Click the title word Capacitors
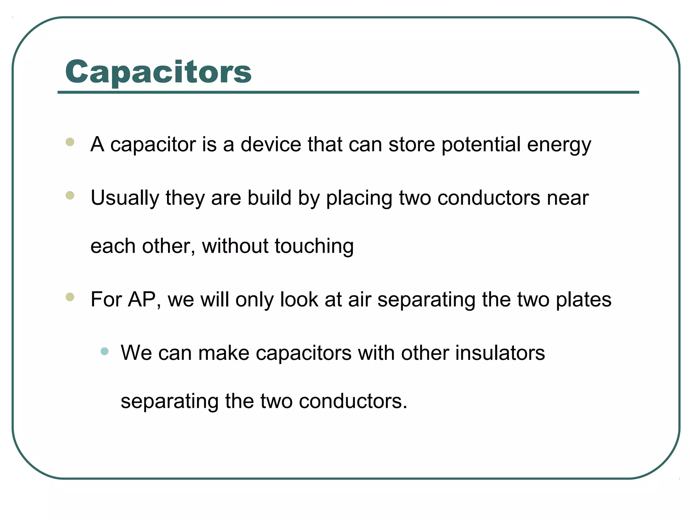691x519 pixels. click(x=158, y=72)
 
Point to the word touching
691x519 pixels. click(x=314, y=247)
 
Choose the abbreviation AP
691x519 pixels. click(x=142, y=300)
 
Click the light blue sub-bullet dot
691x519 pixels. click(x=105, y=351)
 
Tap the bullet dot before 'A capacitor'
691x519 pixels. click(x=70, y=142)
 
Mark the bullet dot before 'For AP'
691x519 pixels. click(x=70, y=297)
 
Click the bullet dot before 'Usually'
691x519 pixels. click(x=70, y=195)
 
